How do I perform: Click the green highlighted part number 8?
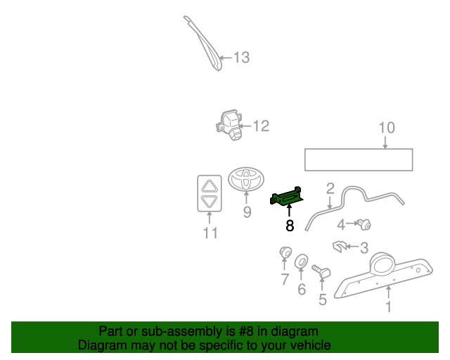(x=288, y=198)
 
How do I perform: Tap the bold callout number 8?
(x=289, y=226)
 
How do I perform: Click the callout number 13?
(x=241, y=58)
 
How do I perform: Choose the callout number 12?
(x=261, y=127)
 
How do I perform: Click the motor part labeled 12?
(x=229, y=124)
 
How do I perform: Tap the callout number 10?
(x=387, y=127)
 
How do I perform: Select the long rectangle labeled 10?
(x=359, y=160)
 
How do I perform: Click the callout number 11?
(x=210, y=233)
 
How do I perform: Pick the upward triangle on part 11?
(x=210, y=186)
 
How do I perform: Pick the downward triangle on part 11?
(x=210, y=202)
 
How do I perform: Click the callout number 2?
(x=329, y=188)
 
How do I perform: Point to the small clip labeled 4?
(x=364, y=225)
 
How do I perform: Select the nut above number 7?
(x=285, y=252)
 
